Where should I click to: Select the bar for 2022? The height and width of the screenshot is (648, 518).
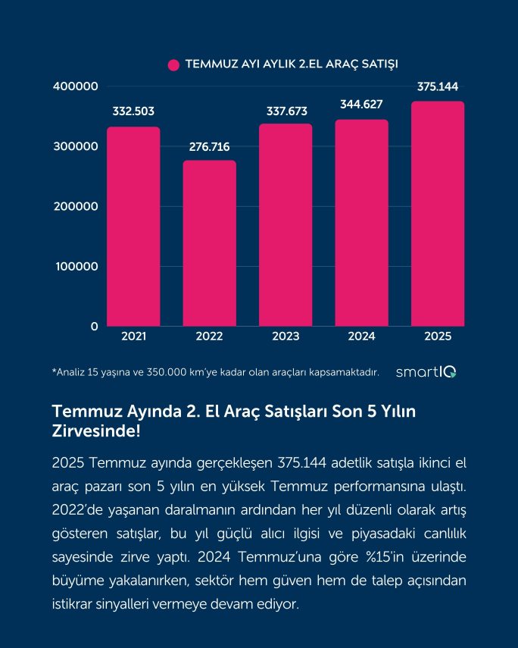coord(210,243)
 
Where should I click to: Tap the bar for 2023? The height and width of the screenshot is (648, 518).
coord(286,224)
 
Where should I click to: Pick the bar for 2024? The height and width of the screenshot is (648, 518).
coord(362,222)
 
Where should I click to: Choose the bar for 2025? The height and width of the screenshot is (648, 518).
coord(438,214)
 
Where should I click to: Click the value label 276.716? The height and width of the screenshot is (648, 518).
coord(210,146)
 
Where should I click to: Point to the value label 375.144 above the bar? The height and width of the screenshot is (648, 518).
coord(438,86)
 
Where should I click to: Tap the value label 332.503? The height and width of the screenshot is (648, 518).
coord(133,111)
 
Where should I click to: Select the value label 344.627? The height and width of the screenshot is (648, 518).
coord(362,105)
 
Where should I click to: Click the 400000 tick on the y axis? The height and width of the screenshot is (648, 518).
coord(76,86)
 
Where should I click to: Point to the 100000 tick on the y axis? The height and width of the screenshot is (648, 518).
coord(76,267)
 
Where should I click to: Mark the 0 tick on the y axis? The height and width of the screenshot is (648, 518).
coord(95,327)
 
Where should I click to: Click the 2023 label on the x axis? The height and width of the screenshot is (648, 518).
coord(286,336)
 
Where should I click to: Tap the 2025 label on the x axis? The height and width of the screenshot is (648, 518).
coord(438,336)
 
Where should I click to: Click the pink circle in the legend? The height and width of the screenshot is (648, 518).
coord(173,64)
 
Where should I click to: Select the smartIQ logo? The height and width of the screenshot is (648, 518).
coord(426,371)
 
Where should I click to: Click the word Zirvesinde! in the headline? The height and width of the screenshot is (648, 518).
coord(95,431)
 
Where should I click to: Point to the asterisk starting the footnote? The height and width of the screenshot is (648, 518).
coord(54,371)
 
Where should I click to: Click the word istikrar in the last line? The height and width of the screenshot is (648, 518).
coord(73,606)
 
